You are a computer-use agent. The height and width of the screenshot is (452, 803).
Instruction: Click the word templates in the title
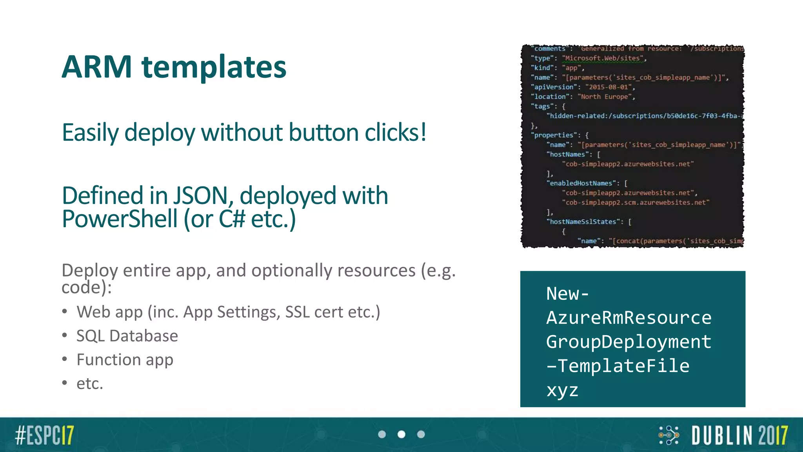coord(214,68)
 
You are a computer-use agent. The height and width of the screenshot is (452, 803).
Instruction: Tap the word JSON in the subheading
coord(200,196)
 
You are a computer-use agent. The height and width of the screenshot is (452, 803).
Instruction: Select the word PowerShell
coord(120,219)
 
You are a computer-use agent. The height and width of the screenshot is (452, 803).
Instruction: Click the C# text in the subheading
coord(232,219)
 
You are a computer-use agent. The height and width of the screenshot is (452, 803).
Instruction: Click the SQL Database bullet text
coord(127,336)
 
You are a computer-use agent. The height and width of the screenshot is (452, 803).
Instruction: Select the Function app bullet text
coord(125,360)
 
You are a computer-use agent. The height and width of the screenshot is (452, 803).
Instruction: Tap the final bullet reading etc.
coord(90,384)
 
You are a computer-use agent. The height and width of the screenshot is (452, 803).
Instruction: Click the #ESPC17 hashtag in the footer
coord(44,435)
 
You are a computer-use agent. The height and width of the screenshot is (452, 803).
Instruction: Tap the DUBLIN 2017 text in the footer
coord(739,435)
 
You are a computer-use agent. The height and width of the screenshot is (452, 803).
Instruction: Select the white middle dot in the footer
coord(401,434)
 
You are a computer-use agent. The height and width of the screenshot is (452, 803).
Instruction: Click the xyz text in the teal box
coord(562,390)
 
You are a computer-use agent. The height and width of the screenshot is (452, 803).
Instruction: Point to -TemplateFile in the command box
coord(618,366)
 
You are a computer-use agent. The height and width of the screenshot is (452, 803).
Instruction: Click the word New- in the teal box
coord(567,293)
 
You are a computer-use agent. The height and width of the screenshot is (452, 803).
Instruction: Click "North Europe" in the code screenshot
coord(605,97)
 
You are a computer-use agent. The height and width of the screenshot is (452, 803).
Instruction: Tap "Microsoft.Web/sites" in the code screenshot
coord(603,58)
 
